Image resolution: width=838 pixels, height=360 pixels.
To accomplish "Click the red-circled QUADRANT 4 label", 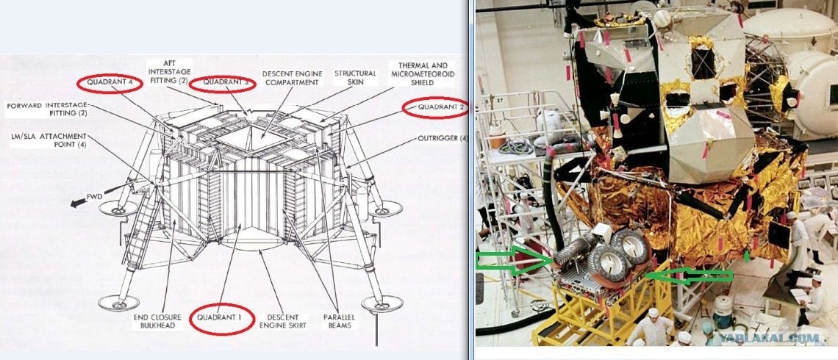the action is click(x=110, y=83).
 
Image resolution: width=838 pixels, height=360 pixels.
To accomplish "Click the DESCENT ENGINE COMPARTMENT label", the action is click(x=292, y=77).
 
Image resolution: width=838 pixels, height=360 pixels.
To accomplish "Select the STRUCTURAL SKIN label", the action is click(x=355, y=77).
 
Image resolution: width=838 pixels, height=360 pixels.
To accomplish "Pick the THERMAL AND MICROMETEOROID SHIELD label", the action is click(x=422, y=73).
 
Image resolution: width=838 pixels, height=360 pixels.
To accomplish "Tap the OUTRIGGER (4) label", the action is click(x=442, y=138).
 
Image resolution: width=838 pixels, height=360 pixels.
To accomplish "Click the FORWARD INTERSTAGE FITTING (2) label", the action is click(x=46, y=109).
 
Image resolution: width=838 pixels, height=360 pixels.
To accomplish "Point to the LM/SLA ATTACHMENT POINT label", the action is click(x=48, y=140).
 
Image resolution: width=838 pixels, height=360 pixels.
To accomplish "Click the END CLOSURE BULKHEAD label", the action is click(x=157, y=321).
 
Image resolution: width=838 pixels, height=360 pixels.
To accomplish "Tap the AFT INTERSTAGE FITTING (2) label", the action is click(x=169, y=72).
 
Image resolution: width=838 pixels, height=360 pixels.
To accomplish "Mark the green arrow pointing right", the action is click(x=514, y=259).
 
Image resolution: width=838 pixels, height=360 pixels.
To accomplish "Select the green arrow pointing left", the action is click(x=690, y=275).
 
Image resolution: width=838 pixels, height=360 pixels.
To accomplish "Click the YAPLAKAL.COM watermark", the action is click(x=769, y=338).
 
